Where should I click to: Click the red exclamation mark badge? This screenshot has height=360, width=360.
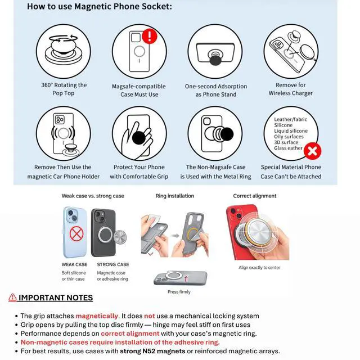click(x=150, y=36)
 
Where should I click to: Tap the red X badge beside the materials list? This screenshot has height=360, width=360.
click(x=312, y=151)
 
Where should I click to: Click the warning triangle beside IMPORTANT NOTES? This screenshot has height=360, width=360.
click(x=12, y=297)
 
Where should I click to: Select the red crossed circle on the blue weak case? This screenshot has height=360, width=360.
click(x=76, y=234)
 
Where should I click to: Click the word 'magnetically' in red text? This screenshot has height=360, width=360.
click(x=96, y=316)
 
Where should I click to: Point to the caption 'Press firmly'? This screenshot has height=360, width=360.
click(x=179, y=292)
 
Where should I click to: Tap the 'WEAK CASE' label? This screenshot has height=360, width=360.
click(x=74, y=264)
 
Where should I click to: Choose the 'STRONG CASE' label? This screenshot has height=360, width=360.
click(x=113, y=264)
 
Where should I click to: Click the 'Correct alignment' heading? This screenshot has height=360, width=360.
click(x=255, y=196)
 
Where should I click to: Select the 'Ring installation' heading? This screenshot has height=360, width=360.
click(x=175, y=196)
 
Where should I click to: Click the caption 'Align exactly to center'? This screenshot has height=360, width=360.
click(x=259, y=268)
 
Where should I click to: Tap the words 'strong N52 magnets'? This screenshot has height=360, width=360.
click(x=152, y=351)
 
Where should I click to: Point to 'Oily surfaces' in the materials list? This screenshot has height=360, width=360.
click(x=289, y=137)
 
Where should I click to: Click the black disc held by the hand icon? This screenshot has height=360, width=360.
click(x=139, y=138)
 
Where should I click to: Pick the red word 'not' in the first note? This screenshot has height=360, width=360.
click(x=149, y=316)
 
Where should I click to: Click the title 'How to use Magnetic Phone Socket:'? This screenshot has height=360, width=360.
click(x=100, y=6)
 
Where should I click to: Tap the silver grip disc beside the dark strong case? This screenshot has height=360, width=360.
click(x=120, y=237)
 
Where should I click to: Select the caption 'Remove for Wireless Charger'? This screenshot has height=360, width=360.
click(x=291, y=89)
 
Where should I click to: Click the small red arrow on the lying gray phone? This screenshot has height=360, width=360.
click(x=186, y=278)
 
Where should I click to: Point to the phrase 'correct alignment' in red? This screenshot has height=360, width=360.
click(x=130, y=334)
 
